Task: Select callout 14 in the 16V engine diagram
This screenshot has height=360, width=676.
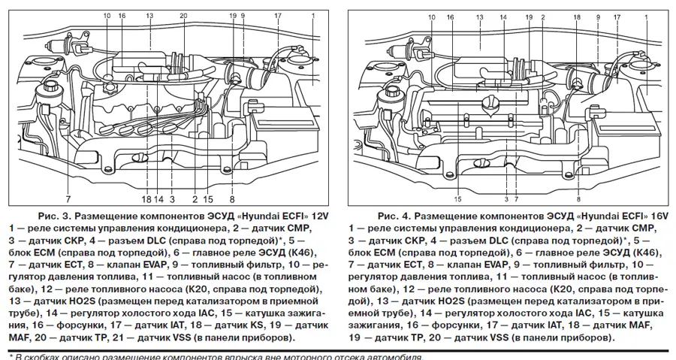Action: click(x=502, y=16)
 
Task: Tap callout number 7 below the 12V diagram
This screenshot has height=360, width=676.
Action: click(x=68, y=199)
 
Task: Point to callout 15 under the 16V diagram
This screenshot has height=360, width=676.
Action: click(x=457, y=199)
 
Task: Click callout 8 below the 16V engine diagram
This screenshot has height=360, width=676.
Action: click(x=578, y=199)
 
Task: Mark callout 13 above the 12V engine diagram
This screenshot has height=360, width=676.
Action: click(x=149, y=16)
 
